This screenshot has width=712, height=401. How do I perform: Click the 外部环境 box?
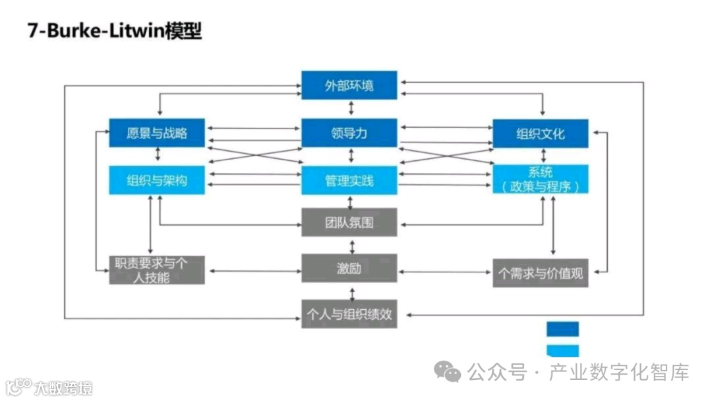(349, 85)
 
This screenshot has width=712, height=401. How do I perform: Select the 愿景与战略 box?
(157, 133)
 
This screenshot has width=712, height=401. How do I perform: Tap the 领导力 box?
(349, 133)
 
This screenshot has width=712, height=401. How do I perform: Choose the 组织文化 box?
(541, 133)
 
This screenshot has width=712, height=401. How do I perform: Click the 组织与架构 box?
(157, 180)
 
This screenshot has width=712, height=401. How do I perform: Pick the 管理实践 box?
(349, 180)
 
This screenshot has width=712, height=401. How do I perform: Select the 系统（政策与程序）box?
(541, 179)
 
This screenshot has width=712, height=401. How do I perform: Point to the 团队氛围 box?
(349, 222)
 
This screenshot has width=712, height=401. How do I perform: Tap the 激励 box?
(349, 269)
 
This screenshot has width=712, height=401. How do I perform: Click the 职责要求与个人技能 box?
(157, 270)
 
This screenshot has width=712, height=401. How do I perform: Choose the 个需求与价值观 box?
(541, 272)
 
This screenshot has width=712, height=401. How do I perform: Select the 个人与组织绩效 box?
(349, 314)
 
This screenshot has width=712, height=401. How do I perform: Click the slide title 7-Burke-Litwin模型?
(114, 32)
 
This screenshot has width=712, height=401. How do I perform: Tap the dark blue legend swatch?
(562, 328)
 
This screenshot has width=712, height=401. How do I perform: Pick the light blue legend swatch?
(562, 350)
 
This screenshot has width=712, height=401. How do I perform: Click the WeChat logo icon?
(451, 373)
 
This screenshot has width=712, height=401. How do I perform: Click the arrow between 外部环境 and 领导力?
(351, 109)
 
